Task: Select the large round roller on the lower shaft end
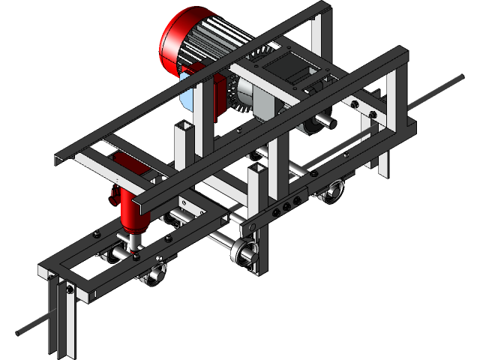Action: coord(244,253)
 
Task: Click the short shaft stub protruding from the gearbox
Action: coord(328,118)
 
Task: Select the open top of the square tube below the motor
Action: coord(184,124)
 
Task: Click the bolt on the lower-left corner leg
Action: coord(69,288)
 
